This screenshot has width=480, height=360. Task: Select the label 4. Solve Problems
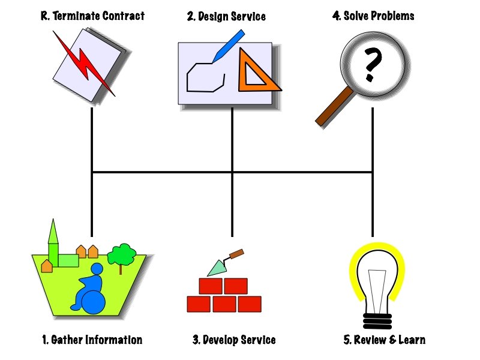[x=373, y=16]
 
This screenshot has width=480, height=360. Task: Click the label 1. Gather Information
[x=92, y=340]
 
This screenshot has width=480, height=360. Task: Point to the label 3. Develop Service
[x=234, y=340]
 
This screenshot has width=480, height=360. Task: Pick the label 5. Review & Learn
[x=385, y=340]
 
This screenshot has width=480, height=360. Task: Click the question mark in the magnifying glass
[x=372, y=65]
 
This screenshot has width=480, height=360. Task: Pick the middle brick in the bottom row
[x=224, y=304]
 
